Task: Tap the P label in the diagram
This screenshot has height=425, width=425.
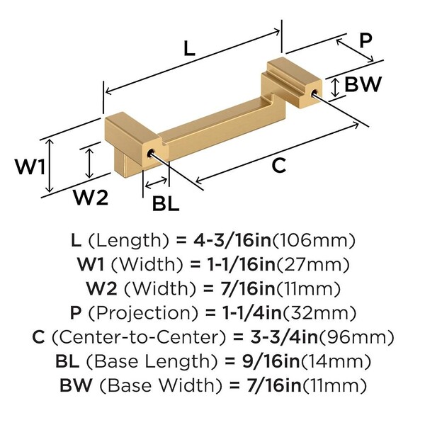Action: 365,40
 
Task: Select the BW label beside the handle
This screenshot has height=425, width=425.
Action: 363,85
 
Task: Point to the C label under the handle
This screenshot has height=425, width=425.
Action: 279,166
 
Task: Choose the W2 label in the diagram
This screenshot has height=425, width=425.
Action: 91,198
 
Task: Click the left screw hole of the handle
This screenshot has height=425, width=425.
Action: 150,152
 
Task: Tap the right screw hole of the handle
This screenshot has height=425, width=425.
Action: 314,91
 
